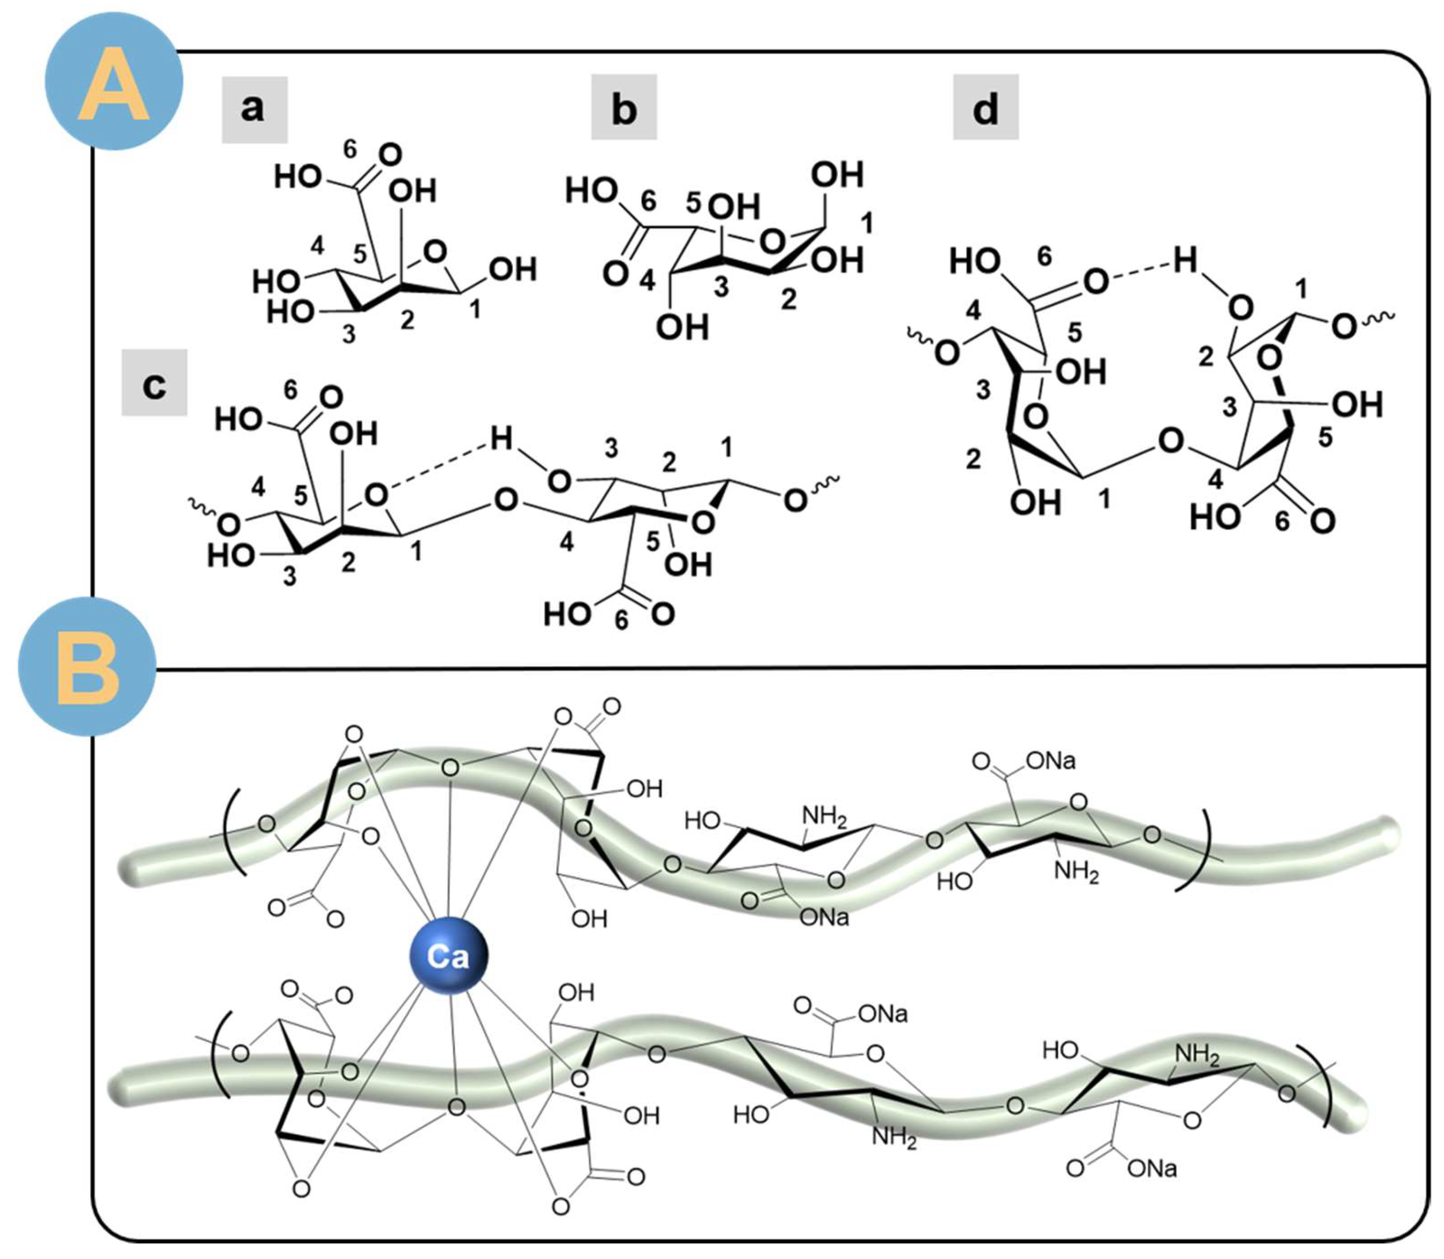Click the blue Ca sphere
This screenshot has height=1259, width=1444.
[449, 956]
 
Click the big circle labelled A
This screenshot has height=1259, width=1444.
[114, 81]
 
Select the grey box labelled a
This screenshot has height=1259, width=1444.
[255, 109]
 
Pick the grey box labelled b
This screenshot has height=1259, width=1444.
[623, 108]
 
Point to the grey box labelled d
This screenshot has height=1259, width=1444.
[985, 108]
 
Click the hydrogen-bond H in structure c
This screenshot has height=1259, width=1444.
[501, 439]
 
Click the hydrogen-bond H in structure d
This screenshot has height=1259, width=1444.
[1185, 261]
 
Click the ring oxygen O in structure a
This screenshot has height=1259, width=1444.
[436, 251]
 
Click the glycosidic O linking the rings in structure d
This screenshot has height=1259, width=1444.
[1170, 441]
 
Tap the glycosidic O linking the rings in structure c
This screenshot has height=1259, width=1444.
[506, 501]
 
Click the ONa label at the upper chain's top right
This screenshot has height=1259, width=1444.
[1051, 761]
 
